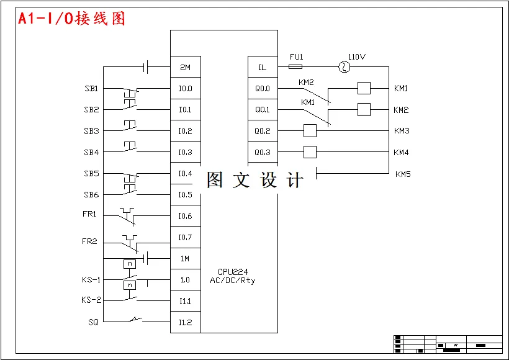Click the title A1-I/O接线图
(71, 19)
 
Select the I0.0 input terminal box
(186, 88)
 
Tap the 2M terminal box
(186, 67)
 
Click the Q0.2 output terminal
(263, 131)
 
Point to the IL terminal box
(263, 67)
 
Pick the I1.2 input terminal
(186, 322)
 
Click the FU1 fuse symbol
(296, 67)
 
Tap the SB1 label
(91, 89)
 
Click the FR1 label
(91, 215)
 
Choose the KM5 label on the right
(403, 174)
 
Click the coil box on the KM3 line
(310, 131)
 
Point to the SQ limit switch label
(93, 322)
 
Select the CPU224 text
(232, 272)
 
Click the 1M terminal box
(186, 258)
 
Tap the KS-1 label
(91, 280)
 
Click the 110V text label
(356, 56)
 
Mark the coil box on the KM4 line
(310, 152)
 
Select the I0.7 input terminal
(186, 237)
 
